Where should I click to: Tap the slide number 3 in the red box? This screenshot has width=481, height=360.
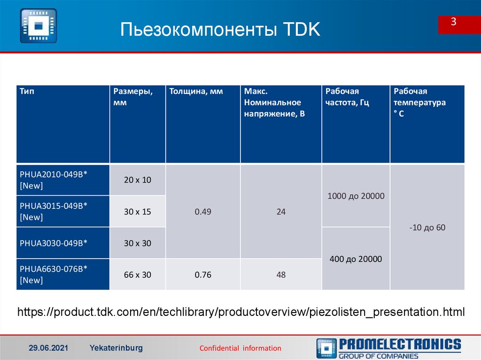click(x=454, y=22)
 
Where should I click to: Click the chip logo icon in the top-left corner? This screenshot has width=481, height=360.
click(x=39, y=25)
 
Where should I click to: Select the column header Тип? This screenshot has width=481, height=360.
click(x=27, y=92)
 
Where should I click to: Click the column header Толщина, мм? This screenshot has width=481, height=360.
click(x=196, y=92)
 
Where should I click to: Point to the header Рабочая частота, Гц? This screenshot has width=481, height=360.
click(x=347, y=97)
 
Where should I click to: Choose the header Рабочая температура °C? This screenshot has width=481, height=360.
click(x=419, y=102)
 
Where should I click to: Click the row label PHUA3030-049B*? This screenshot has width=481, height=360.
click(x=54, y=243)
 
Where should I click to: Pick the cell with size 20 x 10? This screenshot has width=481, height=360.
click(x=138, y=180)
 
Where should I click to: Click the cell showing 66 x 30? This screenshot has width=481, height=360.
click(x=138, y=275)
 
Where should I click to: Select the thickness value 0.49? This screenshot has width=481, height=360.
click(x=203, y=212)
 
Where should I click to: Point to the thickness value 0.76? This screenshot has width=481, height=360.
click(x=203, y=275)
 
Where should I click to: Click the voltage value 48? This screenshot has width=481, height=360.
click(x=281, y=275)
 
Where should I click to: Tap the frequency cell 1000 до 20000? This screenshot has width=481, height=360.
click(x=356, y=196)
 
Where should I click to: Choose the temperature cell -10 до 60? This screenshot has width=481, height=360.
click(x=427, y=228)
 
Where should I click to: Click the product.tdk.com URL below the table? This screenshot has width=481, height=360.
click(x=241, y=312)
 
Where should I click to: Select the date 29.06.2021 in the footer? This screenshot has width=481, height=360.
click(x=48, y=348)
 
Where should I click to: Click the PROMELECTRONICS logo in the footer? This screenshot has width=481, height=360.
click(x=389, y=348)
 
